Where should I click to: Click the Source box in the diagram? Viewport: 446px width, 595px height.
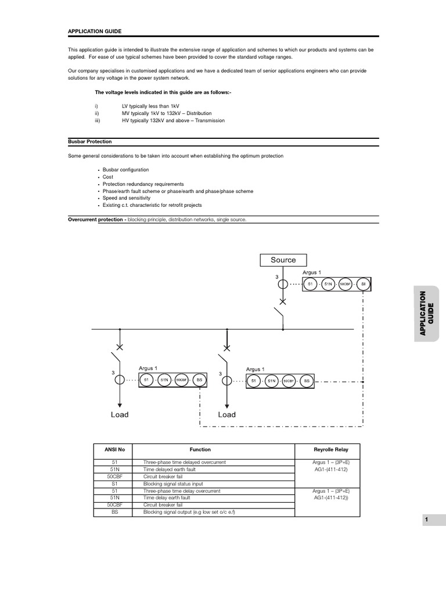coord(283,260)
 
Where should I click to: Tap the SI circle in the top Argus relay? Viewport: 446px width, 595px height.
coord(364,284)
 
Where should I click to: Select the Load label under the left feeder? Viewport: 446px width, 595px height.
coord(120,414)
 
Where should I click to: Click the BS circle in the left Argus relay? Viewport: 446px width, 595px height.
coord(199,380)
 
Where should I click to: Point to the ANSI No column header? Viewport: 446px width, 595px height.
coord(114,450)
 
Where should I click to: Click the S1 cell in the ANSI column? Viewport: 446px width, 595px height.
coord(114,483)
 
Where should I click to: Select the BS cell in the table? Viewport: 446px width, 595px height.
coord(114,512)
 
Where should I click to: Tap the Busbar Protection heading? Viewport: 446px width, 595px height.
coord(90,141)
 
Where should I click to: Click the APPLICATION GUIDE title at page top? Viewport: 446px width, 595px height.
coord(95,31)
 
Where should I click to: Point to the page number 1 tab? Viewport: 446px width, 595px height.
coord(426,520)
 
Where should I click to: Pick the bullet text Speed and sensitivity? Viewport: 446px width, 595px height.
coord(126,198)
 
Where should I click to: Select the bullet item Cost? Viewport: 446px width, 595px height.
coord(109,177)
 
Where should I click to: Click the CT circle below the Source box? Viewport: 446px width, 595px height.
coord(283,285)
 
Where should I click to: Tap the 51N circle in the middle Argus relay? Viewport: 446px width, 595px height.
coord(271,381)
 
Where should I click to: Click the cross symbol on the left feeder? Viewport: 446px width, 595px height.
coord(120,347)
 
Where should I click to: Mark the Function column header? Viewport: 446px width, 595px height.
coord(200,450)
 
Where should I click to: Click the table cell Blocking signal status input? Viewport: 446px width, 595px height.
coord(173,483)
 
